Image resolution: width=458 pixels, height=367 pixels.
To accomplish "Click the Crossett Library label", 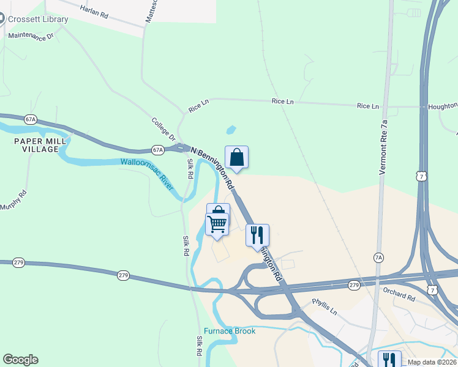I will pos(37,19).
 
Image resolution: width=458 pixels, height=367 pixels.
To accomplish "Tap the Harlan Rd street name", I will pos(94,11).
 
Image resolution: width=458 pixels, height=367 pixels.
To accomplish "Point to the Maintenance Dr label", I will pos(31,35).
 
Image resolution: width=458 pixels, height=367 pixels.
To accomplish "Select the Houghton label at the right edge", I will pos(442,106).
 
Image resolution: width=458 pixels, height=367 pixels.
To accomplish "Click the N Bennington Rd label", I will pos(212,166).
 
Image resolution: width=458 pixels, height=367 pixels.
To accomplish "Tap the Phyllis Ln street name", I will pos(325,306).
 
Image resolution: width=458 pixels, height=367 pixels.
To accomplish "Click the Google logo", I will pos(20,360).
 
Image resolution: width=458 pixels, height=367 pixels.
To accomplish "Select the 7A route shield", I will pos(379,258).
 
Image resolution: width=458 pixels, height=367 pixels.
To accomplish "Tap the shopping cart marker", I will pos(217,224).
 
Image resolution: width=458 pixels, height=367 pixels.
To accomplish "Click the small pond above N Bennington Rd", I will pos(231,130).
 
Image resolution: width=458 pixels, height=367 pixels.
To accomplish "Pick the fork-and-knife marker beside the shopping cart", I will pos(257,235).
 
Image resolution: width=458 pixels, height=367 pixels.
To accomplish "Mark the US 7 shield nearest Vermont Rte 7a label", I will pos(420,177).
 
